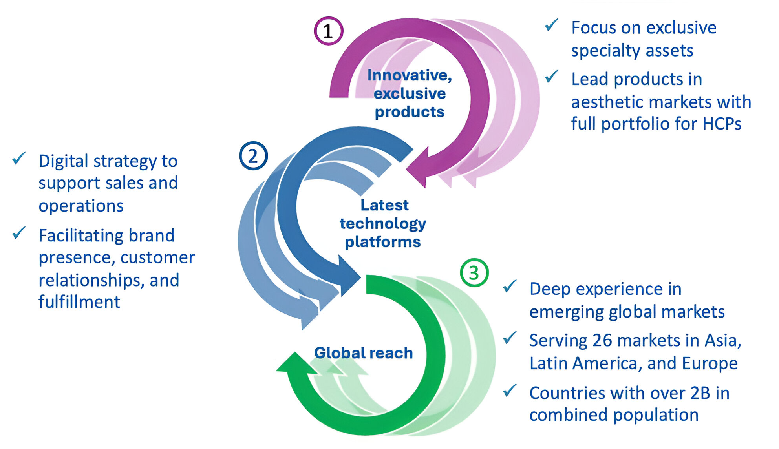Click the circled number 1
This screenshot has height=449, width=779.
click(328, 31)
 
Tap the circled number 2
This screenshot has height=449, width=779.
click(253, 156)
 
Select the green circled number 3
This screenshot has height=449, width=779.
click(474, 273)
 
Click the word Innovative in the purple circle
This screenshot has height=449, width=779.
click(409, 75)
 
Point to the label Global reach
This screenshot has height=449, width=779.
click(363, 353)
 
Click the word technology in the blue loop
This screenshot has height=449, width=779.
click(383, 223)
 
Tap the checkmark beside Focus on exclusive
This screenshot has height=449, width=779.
click(552, 26)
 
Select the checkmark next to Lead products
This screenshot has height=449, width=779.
click(552, 77)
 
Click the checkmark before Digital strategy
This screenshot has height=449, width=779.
click(19, 159)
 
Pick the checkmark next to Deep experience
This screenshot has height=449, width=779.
click(510, 287)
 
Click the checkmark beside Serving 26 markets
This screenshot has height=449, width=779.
click(510, 338)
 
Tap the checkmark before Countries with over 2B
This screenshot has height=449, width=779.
click(510, 391)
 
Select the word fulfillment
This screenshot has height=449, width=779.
click(79, 302)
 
